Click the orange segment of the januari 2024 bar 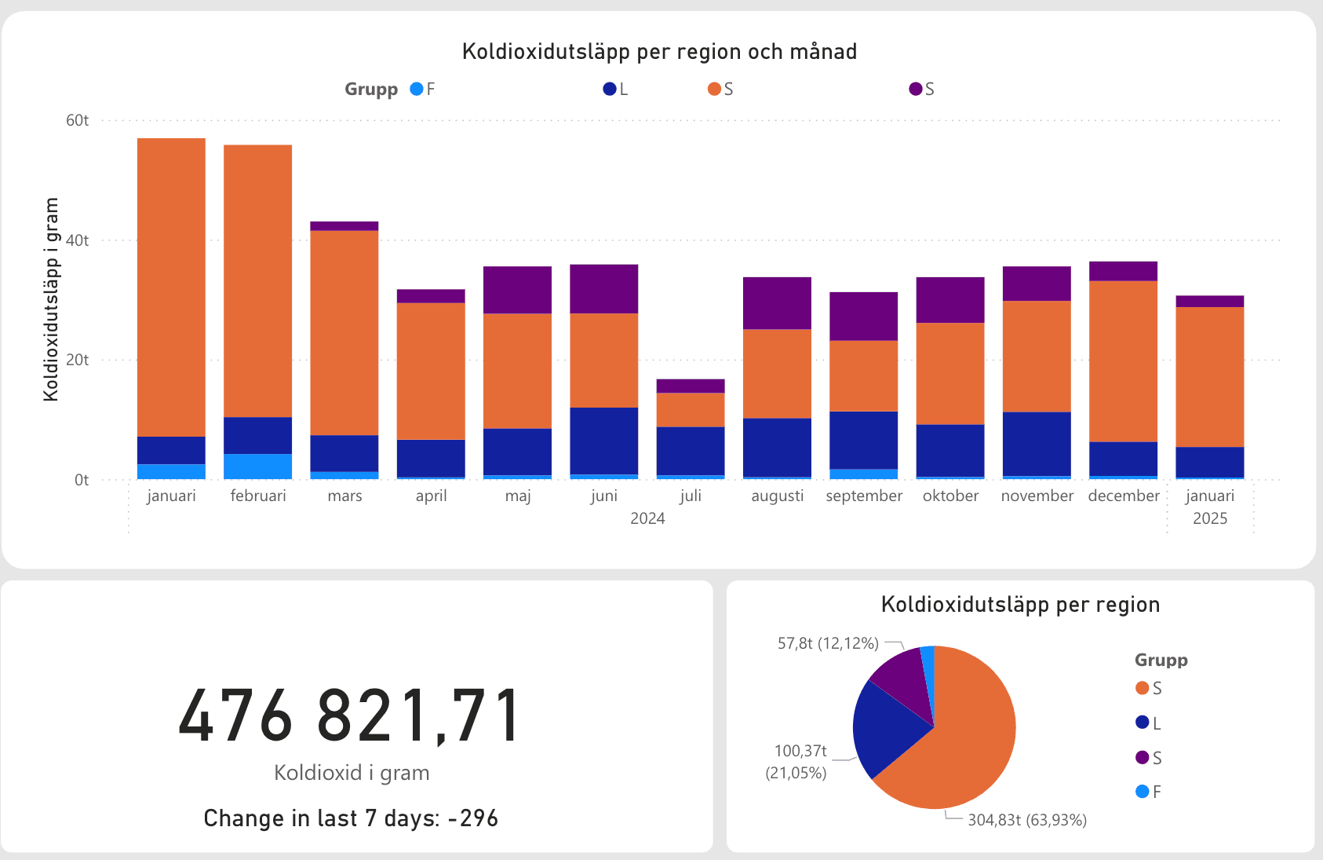[171, 287]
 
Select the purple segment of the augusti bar [777, 303]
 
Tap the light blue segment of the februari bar [257, 467]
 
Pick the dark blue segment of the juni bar [603, 441]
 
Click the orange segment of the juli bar [690, 409]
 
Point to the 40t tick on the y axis [77, 240]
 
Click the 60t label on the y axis [77, 120]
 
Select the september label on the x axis [863, 496]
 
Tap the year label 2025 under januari [1209, 518]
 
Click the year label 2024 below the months [647, 518]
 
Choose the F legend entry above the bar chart [423, 89]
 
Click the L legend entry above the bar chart [616, 89]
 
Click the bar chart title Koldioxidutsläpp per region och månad [659, 52]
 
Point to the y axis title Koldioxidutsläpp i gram [52, 299]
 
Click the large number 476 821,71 [350, 715]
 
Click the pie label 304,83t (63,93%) [1026, 820]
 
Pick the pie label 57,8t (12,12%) [828, 643]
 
